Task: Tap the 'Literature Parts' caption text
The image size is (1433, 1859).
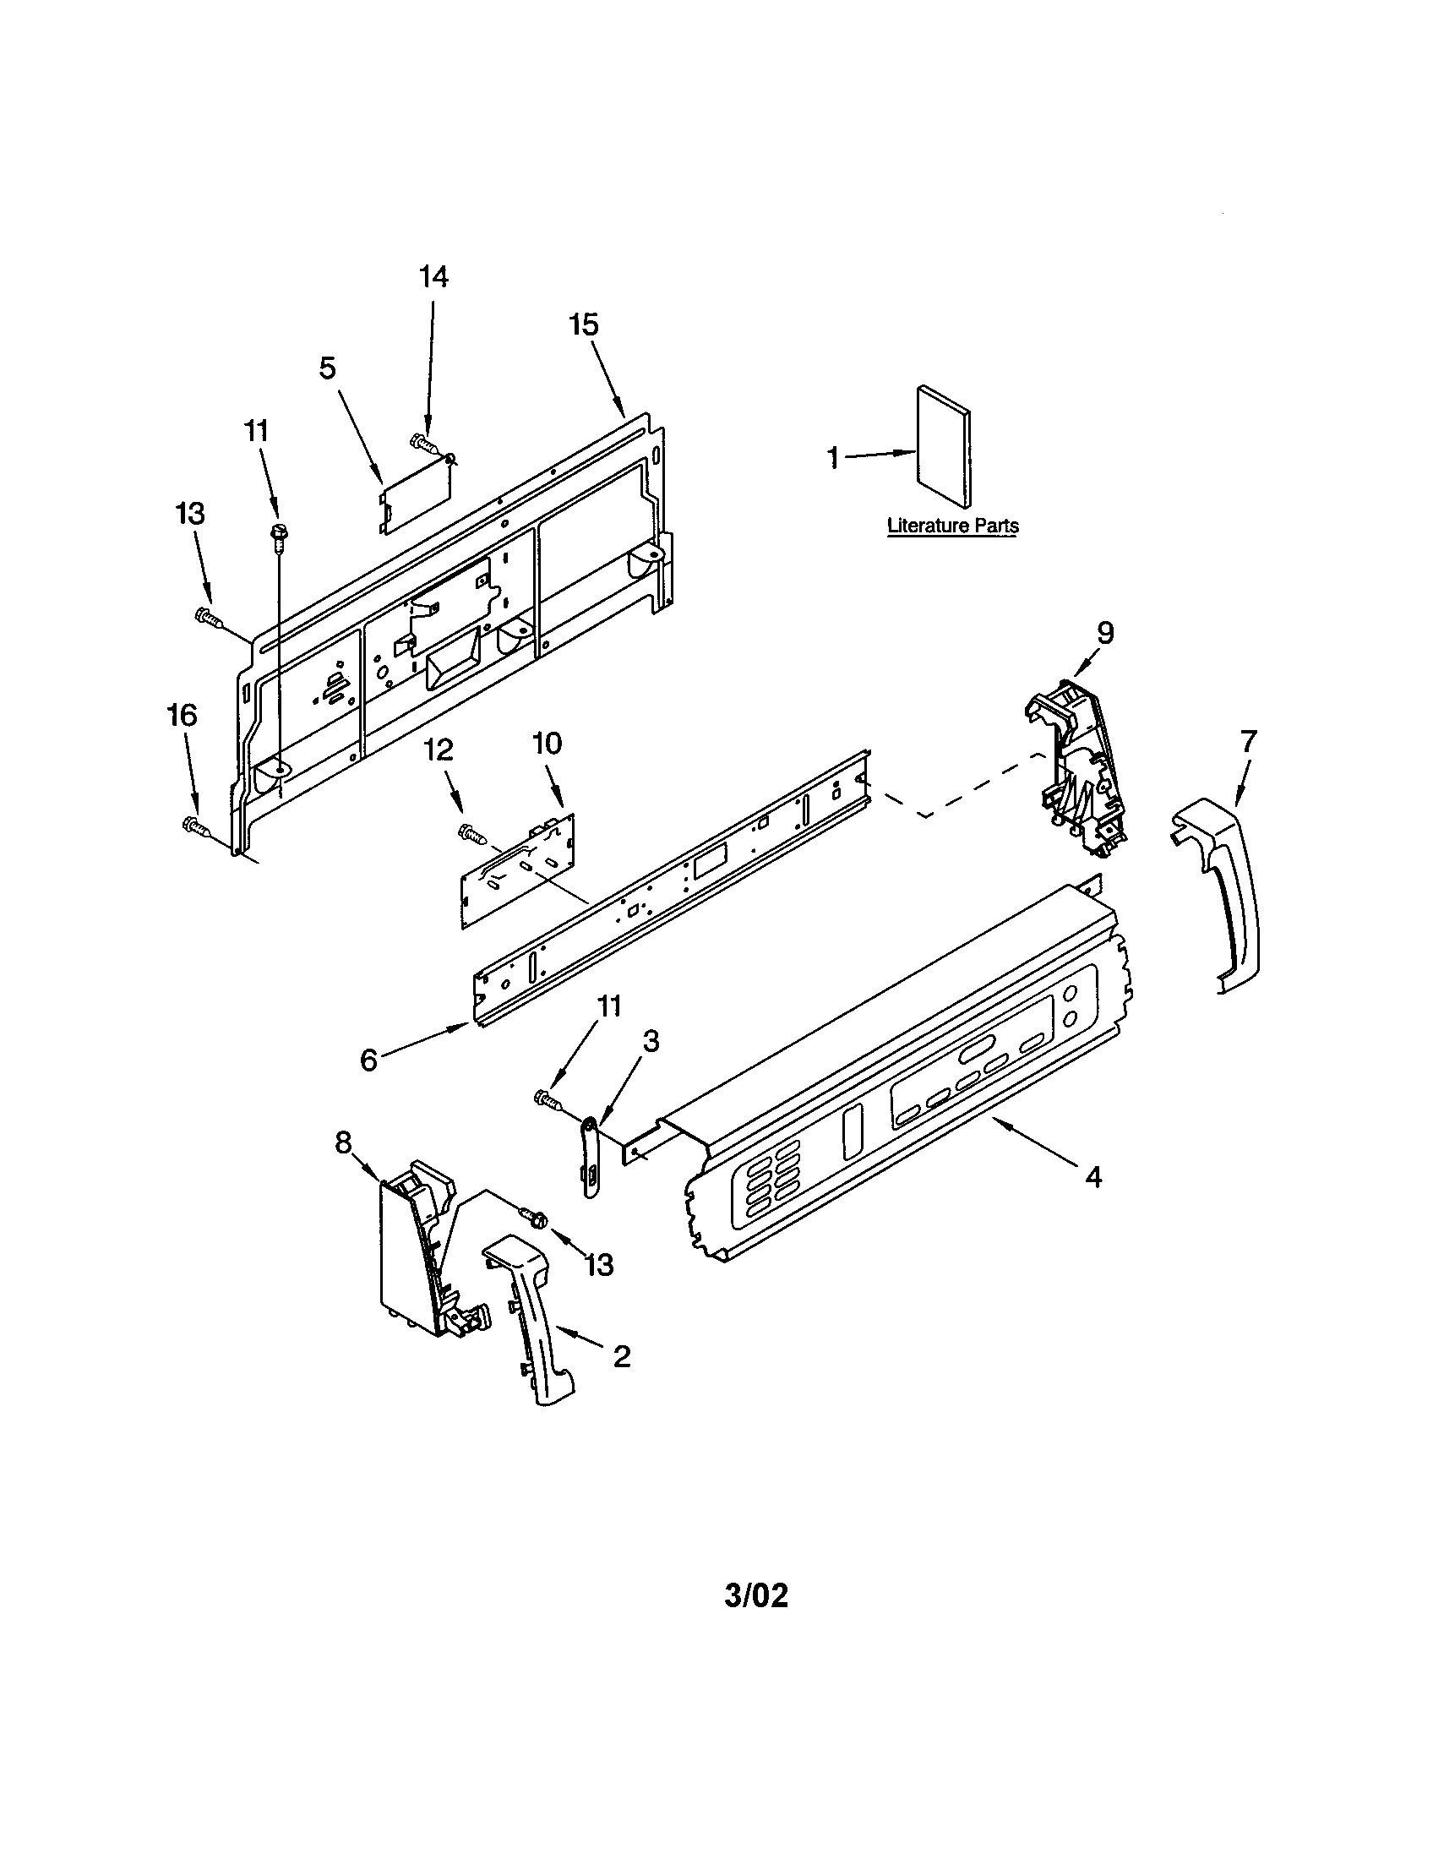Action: [952, 526]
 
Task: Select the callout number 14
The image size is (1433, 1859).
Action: [433, 277]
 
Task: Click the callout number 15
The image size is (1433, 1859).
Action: [584, 325]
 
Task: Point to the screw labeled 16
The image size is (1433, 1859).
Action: [196, 824]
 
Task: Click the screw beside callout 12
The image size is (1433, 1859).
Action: [471, 833]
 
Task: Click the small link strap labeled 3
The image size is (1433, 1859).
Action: [591, 1158]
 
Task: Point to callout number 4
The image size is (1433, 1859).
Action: [1093, 1177]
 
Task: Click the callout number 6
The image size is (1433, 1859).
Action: [368, 1060]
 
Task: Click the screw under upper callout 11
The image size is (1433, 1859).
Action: [277, 535]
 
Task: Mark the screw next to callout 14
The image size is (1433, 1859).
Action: [423, 442]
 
